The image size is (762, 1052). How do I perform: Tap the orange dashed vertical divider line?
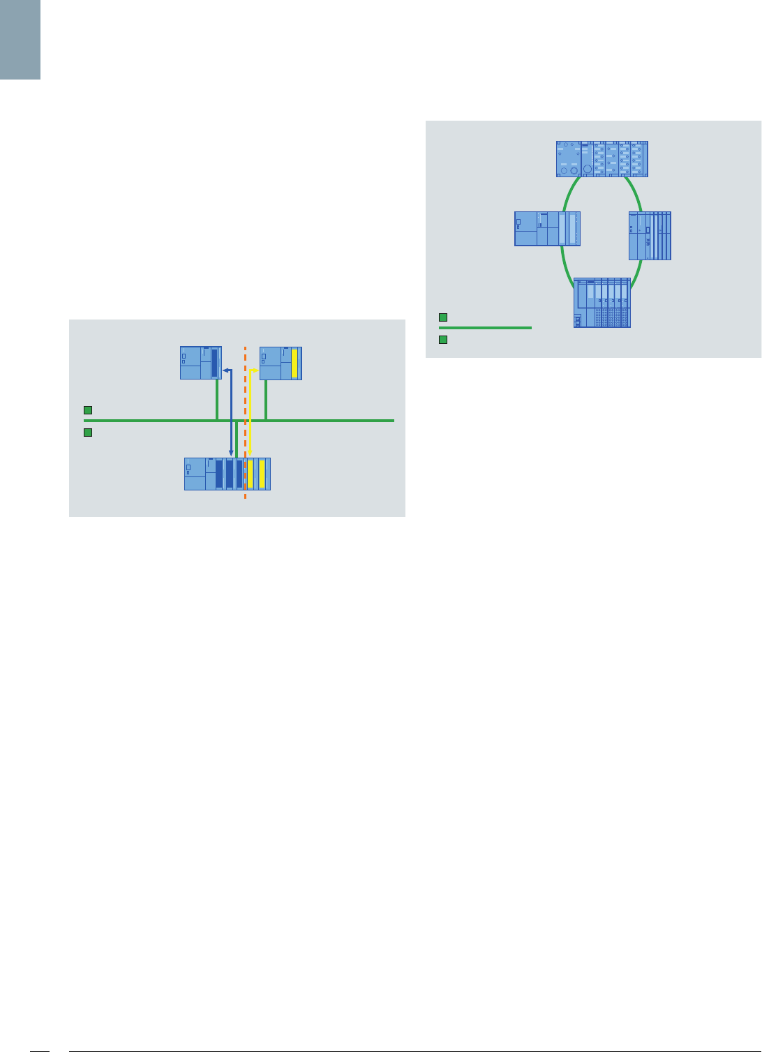[245, 391]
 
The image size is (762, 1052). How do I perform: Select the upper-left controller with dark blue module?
[201, 363]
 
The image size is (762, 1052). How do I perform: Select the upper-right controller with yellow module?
[281, 363]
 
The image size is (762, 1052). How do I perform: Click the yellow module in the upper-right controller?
[294, 363]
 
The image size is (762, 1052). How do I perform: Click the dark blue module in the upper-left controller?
[215, 363]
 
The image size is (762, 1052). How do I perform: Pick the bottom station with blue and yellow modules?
[227, 474]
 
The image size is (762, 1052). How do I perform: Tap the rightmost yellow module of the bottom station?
[262, 474]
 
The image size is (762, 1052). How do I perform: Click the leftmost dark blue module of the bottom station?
[219, 474]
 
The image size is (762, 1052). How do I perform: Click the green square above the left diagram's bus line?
[88, 410]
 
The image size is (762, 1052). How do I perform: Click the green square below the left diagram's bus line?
[88, 433]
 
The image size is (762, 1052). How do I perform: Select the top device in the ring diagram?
[602, 159]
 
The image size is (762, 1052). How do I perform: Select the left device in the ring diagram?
[547, 229]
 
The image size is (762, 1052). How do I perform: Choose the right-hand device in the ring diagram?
[650, 236]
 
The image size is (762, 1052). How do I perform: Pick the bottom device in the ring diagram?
[602, 303]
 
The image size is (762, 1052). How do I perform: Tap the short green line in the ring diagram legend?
[485, 327]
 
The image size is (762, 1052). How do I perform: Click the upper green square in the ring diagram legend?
[442, 317]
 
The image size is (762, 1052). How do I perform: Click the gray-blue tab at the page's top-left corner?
[20, 39]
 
